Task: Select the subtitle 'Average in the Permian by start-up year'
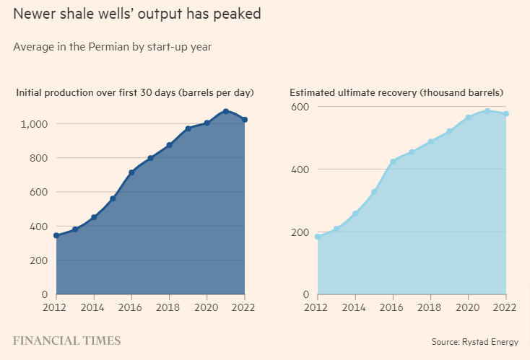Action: [112, 47]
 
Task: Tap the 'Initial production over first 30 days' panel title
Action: [135, 92]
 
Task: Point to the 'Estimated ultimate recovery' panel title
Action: [396, 92]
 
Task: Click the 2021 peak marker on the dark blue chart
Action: [226, 111]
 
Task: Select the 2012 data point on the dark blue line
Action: [56, 236]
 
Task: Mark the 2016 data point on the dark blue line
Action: [131, 172]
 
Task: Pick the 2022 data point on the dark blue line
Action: [245, 120]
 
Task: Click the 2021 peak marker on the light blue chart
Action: [487, 111]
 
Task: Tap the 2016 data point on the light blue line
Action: [393, 162]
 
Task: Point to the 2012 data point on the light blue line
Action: [318, 237]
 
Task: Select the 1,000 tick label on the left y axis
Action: [33, 124]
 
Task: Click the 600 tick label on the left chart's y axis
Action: [38, 192]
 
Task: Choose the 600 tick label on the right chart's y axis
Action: [300, 107]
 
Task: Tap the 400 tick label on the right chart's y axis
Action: [300, 170]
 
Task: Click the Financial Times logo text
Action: [66, 341]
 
